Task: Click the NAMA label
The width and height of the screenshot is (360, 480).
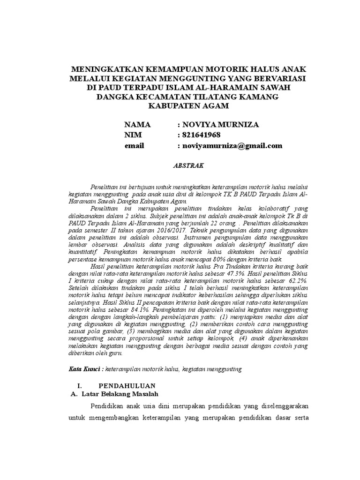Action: coord(137,125)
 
